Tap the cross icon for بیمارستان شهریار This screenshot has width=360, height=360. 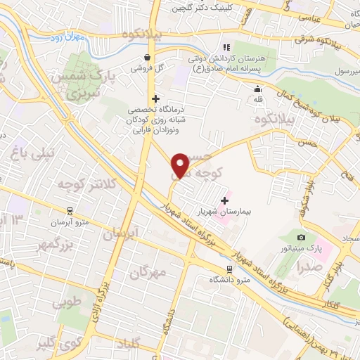tap(224, 200)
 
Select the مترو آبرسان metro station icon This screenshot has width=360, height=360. tap(70, 210)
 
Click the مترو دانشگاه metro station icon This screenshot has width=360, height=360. tap(229, 269)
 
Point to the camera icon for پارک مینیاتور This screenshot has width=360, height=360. tap(302, 238)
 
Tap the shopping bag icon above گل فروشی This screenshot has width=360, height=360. tap(146, 58)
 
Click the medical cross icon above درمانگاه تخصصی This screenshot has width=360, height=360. tap(155, 98)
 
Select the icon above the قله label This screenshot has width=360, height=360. tap(257, 89)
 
